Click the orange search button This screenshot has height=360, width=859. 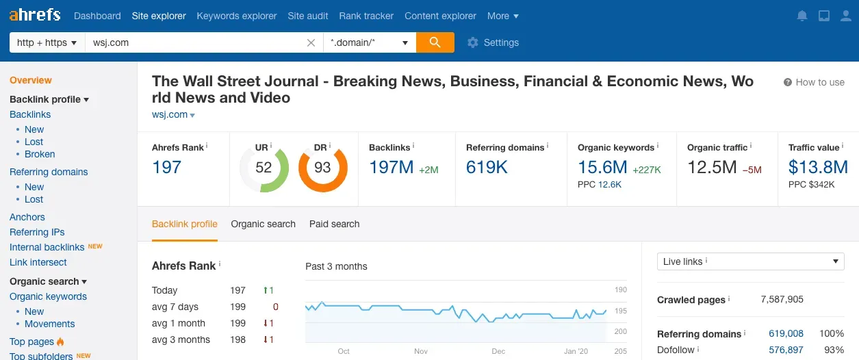(x=435, y=42)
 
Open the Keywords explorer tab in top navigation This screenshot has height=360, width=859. (x=237, y=16)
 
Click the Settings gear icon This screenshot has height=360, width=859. (x=472, y=42)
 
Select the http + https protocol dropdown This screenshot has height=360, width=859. (x=47, y=42)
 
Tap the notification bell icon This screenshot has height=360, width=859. (x=802, y=16)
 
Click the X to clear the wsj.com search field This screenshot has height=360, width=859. (x=311, y=42)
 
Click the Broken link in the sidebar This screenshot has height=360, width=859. (x=40, y=154)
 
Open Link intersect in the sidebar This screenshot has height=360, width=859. (x=38, y=262)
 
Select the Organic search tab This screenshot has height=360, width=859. (x=263, y=224)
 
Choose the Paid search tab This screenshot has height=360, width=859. (x=334, y=224)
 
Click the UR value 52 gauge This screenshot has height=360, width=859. (x=264, y=168)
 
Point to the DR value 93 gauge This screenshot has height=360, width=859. (x=322, y=168)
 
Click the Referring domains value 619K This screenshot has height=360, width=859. (x=487, y=167)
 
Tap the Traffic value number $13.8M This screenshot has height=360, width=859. (x=818, y=167)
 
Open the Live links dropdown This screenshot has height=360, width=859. (x=750, y=261)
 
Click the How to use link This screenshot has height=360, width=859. (x=814, y=82)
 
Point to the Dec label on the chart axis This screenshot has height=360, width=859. (x=498, y=351)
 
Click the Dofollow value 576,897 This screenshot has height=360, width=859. (x=786, y=350)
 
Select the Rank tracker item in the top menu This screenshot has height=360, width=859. (x=366, y=16)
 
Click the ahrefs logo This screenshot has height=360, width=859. (x=34, y=14)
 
